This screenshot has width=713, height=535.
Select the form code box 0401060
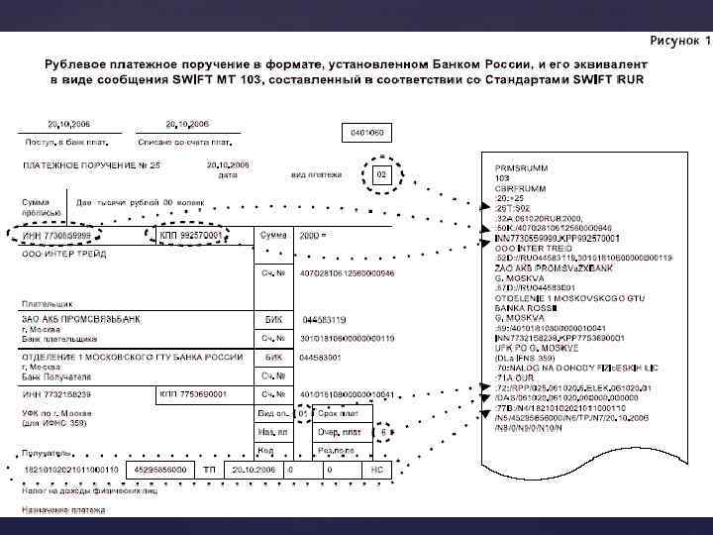click(366, 131)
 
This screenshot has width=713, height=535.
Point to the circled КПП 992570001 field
click(192, 236)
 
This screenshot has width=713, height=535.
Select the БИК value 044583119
click(324, 320)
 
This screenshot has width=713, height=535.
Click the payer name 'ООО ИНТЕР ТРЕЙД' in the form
click(60, 255)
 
